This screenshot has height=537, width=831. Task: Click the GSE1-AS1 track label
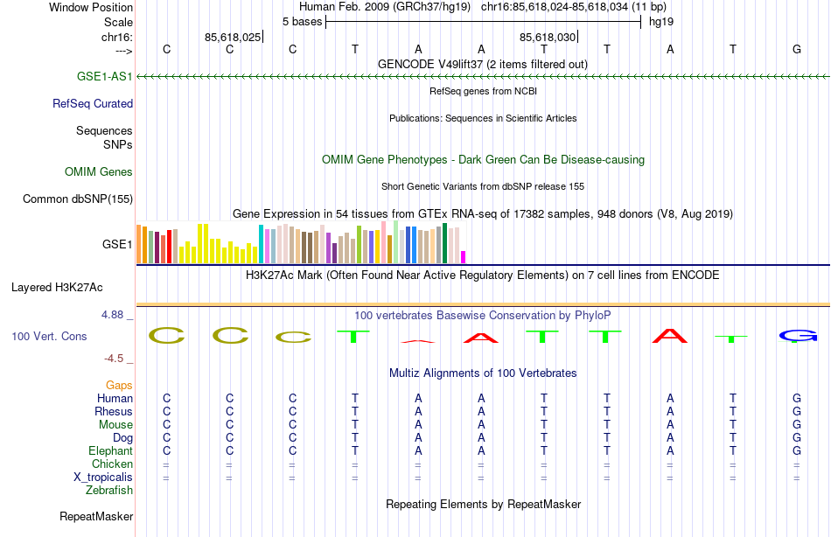[x=104, y=77]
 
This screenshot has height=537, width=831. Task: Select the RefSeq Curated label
[x=93, y=103]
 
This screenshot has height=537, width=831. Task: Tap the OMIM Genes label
[x=99, y=172]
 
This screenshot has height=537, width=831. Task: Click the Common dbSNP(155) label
[x=78, y=199]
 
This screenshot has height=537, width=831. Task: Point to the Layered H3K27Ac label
[x=57, y=287]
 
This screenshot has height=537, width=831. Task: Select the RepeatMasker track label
[x=95, y=517]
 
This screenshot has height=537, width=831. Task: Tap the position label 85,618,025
[x=232, y=38]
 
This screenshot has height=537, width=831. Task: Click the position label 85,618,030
[x=548, y=38]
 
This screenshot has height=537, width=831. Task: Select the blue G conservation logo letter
[x=797, y=336]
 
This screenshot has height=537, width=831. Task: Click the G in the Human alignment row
[x=797, y=398]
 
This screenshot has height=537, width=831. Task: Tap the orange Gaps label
[x=119, y=385]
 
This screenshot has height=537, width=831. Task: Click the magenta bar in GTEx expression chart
[x=464, y=256]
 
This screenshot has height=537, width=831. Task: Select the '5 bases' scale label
[x=302, y=21]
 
